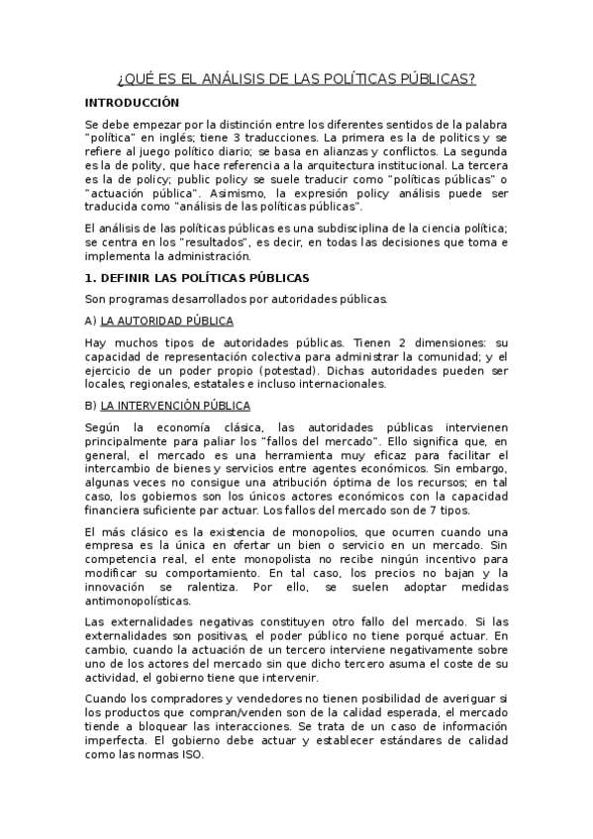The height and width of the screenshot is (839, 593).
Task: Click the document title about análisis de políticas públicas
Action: coord(296,78)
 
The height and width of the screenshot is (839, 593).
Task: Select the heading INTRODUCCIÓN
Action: coord(132,102)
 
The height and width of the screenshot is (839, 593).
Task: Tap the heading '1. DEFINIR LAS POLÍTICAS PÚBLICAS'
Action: coord(197,278)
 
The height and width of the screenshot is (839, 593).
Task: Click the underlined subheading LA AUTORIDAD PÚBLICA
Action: coord(166,321)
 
